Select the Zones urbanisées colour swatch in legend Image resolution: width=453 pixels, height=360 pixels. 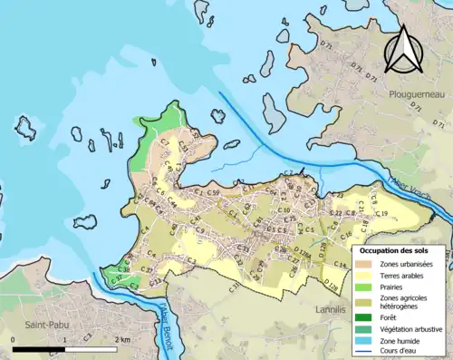click(364, 263)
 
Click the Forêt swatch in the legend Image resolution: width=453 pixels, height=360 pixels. click(364, 316)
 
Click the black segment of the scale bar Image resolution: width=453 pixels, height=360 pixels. click(39, 349)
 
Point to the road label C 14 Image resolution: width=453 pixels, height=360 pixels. click(339, 264)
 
